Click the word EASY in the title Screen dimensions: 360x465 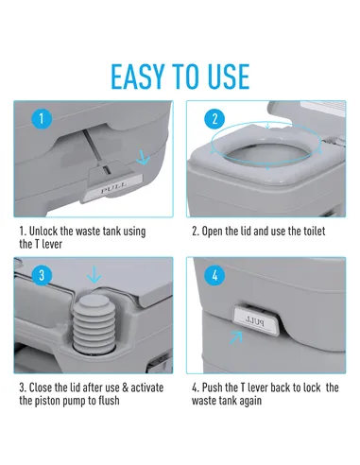138,77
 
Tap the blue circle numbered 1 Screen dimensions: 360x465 42,119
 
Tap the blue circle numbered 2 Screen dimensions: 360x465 214,119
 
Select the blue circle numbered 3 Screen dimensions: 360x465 42,275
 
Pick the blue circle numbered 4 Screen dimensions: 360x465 214,275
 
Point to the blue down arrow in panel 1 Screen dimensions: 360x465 143,157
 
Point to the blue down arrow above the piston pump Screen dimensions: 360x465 94,274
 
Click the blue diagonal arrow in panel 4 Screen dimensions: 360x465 236,337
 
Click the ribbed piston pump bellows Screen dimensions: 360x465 94,322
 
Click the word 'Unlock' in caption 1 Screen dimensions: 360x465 43,231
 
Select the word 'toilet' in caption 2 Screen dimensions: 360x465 314,232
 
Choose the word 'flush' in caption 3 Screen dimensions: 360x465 109,401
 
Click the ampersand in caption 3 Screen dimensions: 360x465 125,387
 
